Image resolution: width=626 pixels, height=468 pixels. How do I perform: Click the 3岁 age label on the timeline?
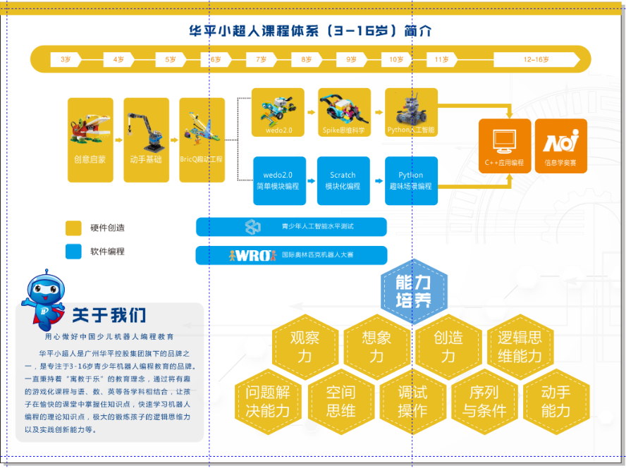click(x=66, y=59)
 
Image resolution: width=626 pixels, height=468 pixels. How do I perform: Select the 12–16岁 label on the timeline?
click(x=536, y=59)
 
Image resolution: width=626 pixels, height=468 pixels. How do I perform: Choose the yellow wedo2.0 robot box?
click(x=278, y=112)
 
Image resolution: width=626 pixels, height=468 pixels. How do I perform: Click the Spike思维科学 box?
click(x=344, y=112)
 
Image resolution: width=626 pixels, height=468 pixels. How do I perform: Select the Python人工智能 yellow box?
click(x=411, y=112)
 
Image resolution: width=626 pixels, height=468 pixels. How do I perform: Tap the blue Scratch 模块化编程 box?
click(x=343, y=180)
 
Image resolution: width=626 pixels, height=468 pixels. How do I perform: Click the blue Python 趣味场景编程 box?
click(x=411, y=180)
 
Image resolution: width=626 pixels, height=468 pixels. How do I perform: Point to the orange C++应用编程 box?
click(x=504, y=145)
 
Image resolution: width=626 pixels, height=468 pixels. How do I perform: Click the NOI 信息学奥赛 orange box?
click(x=560, y=145)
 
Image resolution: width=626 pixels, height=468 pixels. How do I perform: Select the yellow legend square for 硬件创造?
click(x=74, y=228)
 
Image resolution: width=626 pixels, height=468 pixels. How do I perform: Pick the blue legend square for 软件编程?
click(x=74, y=251)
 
